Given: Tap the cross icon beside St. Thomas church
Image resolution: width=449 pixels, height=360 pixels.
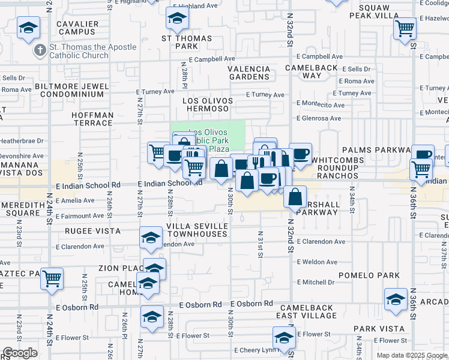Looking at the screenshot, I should click(x=40, y=51).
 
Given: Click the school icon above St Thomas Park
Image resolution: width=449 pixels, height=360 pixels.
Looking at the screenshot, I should click(x=177, y=20).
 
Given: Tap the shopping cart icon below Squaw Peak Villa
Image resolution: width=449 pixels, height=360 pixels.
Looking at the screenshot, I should click(x=405, y=28).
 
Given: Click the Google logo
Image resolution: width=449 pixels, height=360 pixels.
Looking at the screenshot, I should click(x=20, y=353).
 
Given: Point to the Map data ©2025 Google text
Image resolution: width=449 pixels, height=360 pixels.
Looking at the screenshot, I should click(x=411, y=355).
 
